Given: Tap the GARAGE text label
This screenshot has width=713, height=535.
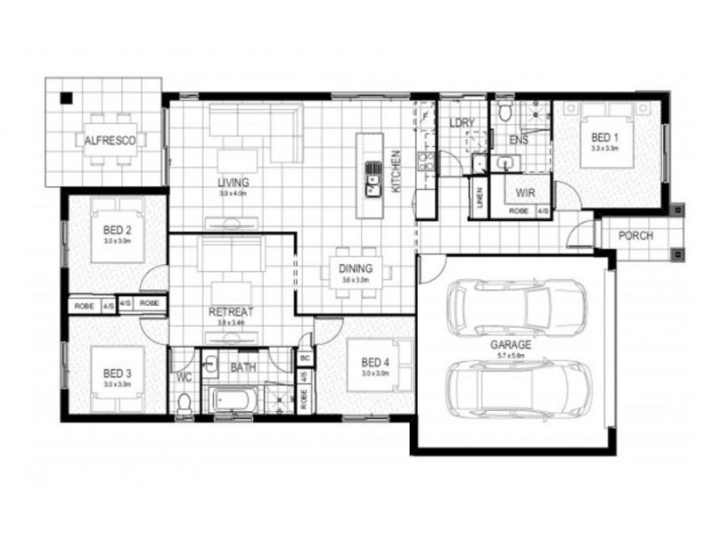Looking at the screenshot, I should (511, 343).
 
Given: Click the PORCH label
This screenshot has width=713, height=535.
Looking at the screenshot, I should (635, 236).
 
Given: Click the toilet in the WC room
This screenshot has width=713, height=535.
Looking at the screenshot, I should (184, 403).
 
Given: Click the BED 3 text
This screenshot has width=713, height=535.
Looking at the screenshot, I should (117, 373).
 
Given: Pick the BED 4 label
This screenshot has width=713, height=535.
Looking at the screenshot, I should (375, 362).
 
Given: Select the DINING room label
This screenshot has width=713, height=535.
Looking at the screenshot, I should (355, 269).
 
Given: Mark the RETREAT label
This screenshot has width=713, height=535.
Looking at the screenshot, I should (231, 312).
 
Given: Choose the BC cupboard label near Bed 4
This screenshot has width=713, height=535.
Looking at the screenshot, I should (304, 358).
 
